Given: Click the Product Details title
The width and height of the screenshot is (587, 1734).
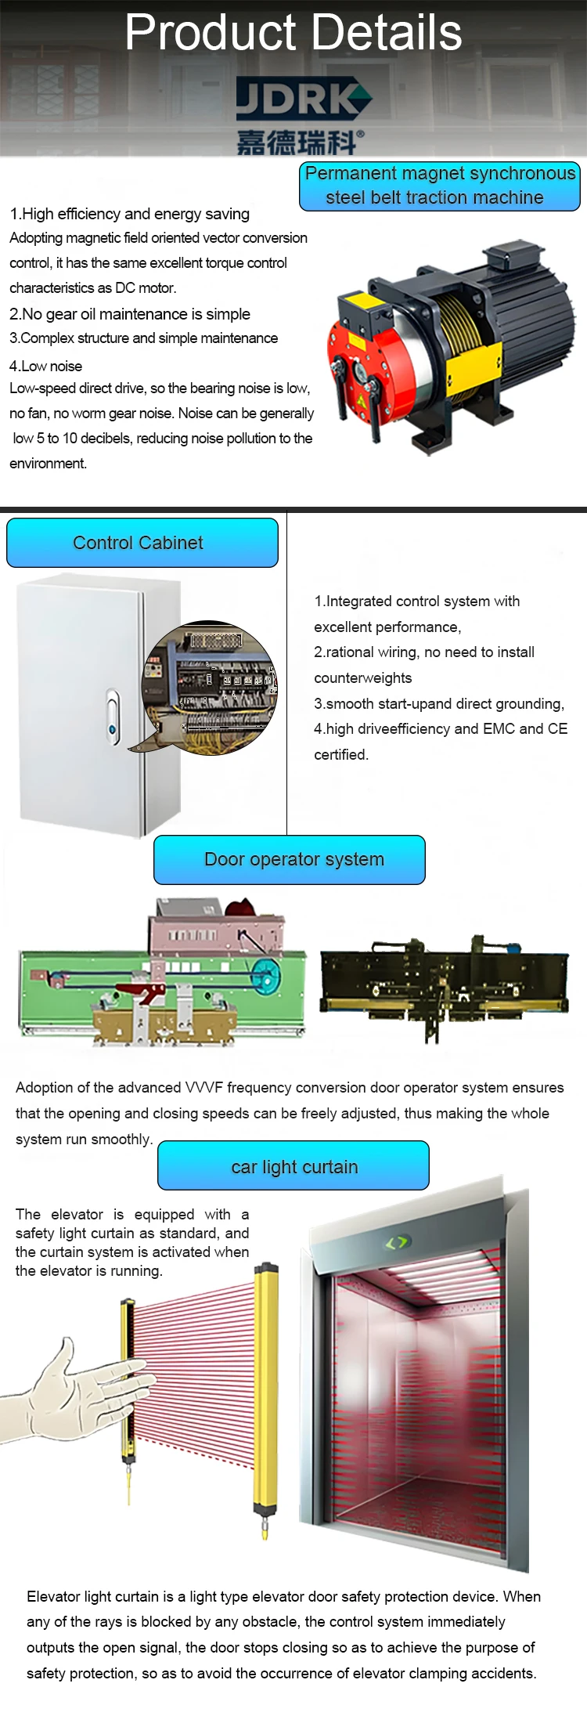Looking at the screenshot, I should (293, 33).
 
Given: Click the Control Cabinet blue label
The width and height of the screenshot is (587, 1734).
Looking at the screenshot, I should (142, 543).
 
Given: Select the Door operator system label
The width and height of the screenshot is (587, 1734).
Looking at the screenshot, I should (290, 860).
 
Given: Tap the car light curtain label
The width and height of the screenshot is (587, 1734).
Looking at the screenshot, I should (293, 1166).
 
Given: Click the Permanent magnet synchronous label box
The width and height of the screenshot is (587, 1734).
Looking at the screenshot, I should (439, 186).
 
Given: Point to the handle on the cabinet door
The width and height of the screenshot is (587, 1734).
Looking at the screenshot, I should (113, 714).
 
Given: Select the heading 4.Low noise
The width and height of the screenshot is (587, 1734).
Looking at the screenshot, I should (45, 366).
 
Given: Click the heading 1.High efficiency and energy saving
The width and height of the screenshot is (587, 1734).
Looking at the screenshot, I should (129, 214).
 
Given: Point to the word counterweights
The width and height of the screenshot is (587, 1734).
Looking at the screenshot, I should (362, 678).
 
